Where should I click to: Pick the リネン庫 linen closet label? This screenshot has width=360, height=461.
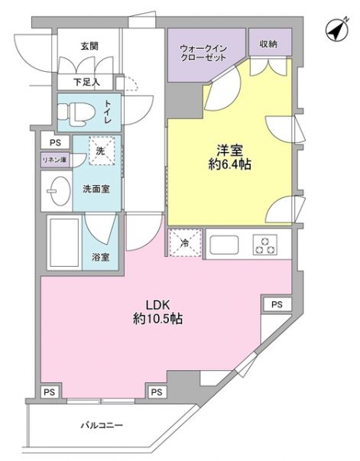click(54, 159)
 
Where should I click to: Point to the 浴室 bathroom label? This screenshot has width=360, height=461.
click(100, 256)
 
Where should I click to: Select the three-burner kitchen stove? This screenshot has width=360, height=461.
click(265, 245)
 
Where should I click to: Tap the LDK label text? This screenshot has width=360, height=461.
click(151, 303)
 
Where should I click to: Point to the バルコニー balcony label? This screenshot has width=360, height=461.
click(102, 425)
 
